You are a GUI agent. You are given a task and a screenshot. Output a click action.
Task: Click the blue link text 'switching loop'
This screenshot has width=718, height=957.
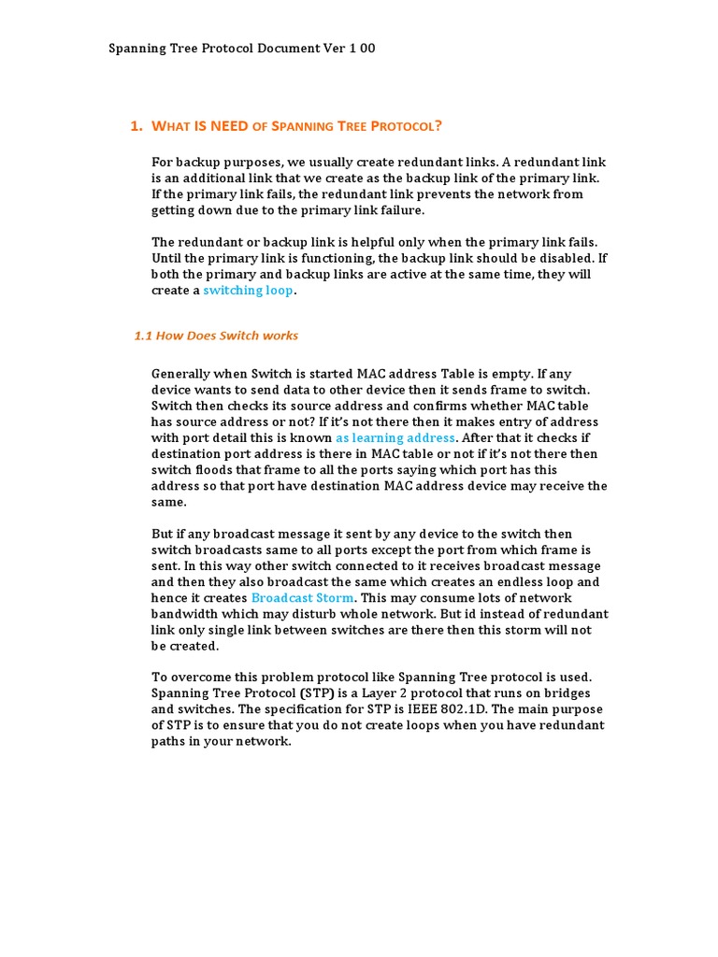(x=248, y=291)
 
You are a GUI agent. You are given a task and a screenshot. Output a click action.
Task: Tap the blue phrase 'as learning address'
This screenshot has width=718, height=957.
(x=395, y=437)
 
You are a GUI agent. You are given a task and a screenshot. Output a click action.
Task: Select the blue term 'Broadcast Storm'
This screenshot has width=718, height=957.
(x=303, y=598)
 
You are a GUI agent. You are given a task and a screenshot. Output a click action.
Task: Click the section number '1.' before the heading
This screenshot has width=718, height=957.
(x=136, y=126)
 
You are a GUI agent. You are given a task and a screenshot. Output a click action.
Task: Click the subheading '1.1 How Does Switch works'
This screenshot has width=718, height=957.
(x=217, y=336)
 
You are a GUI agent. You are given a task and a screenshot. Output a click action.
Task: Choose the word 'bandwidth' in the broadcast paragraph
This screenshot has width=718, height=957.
(x=183, y=614)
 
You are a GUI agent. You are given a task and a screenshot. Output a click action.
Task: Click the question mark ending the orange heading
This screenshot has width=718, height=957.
(x=438, y=126)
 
